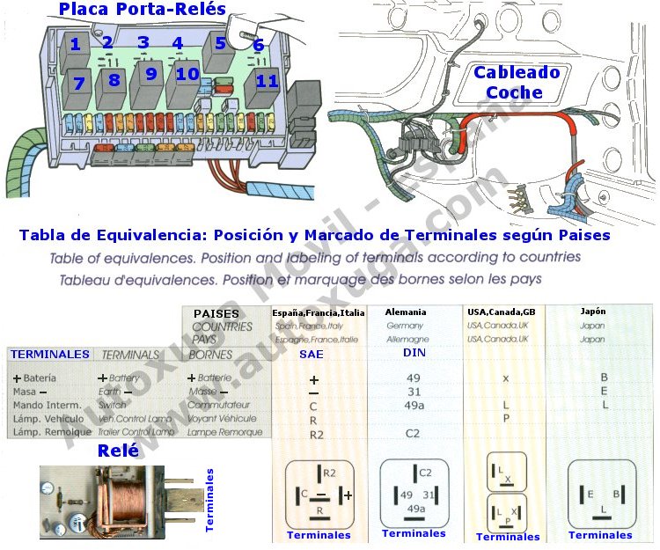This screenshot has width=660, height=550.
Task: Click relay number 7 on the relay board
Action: tap(78, 84)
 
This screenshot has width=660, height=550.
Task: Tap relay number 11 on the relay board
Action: tap(267, 83)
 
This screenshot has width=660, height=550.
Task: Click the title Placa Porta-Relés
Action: tap(143, 10)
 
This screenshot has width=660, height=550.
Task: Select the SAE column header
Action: tap(312, 353)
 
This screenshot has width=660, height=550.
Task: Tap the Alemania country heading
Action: tap(405, 312)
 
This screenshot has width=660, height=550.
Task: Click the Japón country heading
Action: tap(593, 311)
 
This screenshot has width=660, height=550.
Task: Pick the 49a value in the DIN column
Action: tap(413, 405)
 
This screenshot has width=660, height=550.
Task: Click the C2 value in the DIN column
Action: tap(413, 433)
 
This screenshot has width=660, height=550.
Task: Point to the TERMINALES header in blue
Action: tap(49, 355)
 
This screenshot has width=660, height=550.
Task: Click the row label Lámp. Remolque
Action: tap(52, 432)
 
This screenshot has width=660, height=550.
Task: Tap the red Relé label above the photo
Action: tap(119, 451)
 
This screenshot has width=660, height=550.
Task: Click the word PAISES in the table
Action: tap(216, 314)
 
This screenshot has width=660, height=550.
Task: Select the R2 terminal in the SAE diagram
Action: tap(329, 473)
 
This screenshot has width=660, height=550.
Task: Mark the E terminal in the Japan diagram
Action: tap(591, 495)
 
